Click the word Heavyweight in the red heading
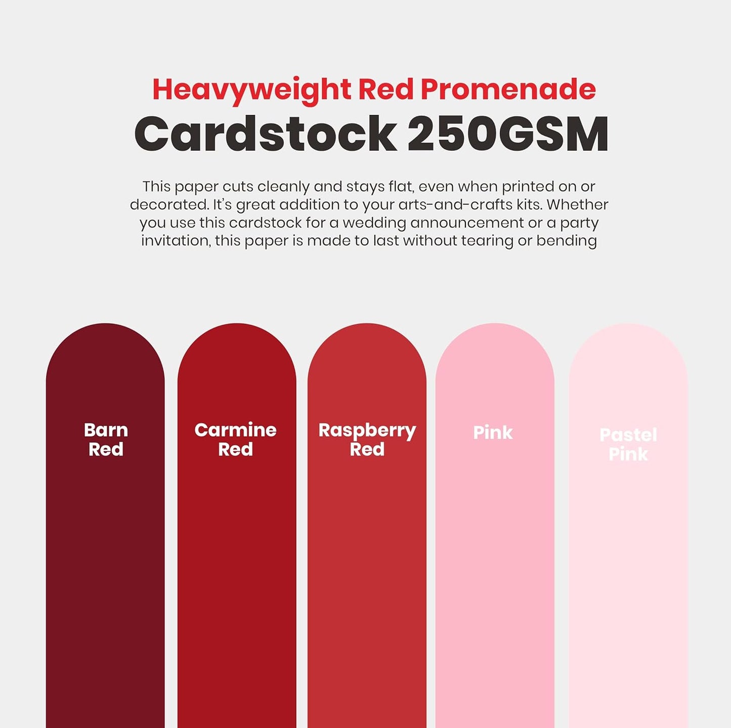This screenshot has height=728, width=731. click(251, 90)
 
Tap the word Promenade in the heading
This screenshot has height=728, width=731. click(508, 90)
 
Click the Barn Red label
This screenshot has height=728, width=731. click(106, 439)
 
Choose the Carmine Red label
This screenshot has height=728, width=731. click(235, 439)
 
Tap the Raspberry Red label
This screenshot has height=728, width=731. click(367, 439)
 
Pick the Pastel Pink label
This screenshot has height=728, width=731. click(628, 444)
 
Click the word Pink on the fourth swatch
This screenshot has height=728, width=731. click(493, 433)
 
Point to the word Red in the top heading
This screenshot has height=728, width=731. click(386, 90)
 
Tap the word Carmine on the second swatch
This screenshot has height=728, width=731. click(235, 430)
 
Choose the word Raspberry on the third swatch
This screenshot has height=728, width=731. click(367, 431)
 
